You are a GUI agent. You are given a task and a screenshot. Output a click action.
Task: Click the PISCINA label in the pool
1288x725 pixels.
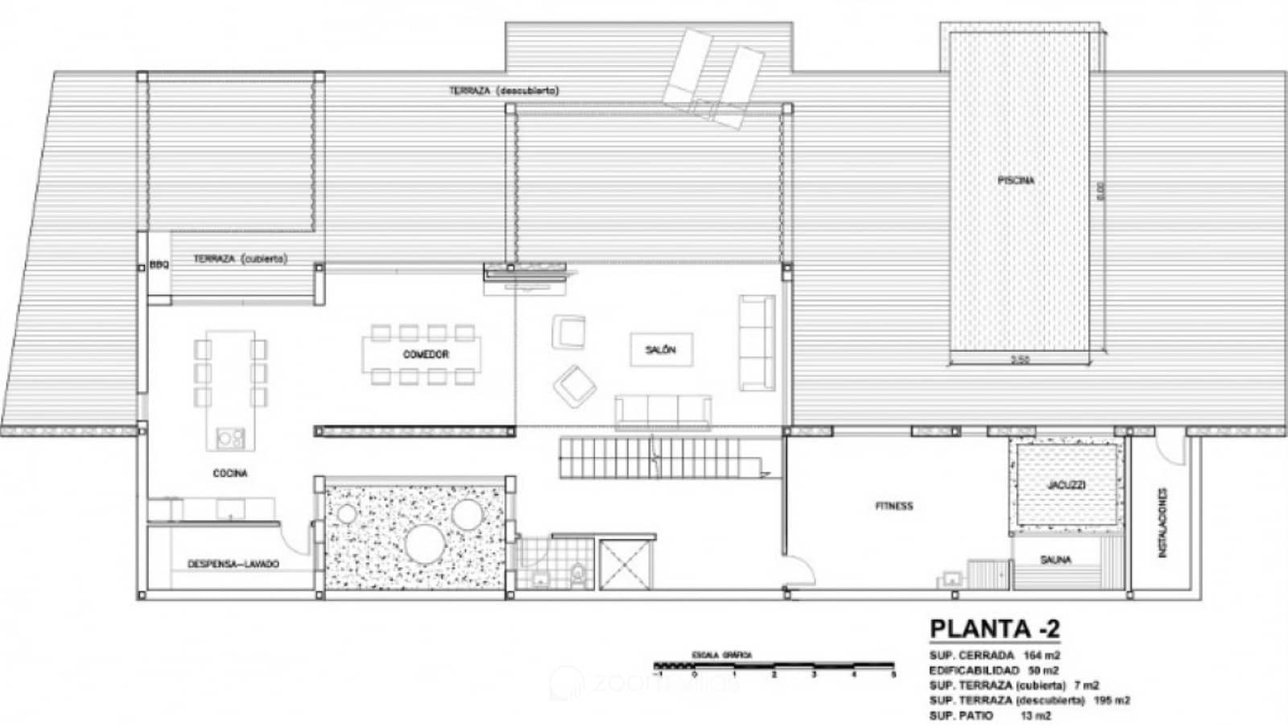coord(1016,180)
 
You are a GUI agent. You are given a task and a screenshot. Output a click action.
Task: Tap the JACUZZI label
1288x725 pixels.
coord(1067,485)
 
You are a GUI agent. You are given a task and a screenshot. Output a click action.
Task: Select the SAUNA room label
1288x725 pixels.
coord(1055,559)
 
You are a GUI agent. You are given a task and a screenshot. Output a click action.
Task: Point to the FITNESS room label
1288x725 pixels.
coord(894,506)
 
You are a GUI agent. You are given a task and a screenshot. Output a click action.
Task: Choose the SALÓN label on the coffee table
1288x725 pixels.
coord(660,350)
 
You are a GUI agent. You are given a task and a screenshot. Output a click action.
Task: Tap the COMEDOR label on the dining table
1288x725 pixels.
coord(426,354)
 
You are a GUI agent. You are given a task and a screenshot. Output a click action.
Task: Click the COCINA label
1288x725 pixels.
coord(230,473)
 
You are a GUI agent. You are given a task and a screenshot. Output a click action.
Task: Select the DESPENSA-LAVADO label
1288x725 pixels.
coord(233,564)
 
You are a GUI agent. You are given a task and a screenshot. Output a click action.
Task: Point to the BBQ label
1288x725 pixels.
coord(159,264)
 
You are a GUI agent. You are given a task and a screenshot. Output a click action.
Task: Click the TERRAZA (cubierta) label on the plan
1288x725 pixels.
coord(240,259)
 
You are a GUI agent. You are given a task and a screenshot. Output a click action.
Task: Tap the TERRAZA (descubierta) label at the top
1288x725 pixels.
coord(503,91)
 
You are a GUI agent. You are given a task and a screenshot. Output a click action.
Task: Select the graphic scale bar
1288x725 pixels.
coord(774,667)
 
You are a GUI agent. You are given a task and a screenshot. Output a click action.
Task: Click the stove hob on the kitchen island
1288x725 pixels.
coord(230,438)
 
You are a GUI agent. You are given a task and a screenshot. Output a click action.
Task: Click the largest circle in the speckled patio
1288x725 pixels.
coord(426,542)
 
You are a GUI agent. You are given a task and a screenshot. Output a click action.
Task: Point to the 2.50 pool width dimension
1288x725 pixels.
coord(1019,359)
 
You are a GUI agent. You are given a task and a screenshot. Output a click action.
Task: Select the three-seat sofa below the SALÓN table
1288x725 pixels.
coord(662,410)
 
